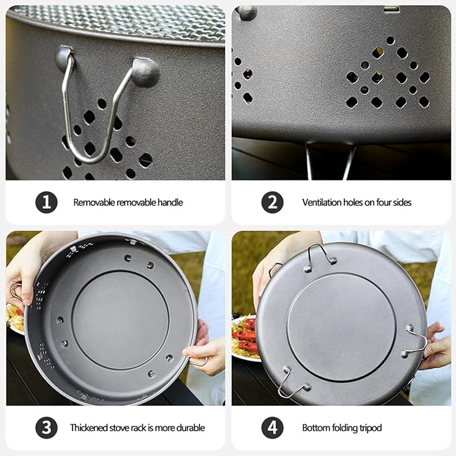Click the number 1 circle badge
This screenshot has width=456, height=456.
pyautogui.click(x=46, y=202)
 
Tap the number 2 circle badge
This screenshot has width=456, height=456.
pyautogui.click(x=272, y=202)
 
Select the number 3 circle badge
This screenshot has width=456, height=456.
pyautogui.click(x=46, y=428)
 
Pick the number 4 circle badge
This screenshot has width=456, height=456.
pyautogui.click(x=272, y=428)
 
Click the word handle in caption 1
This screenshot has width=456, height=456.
pyautogui.click(x=170, y=202)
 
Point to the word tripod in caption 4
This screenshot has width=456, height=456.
pyautogui.click(x=370, y=428)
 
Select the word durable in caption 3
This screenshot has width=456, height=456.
pyautogui.click(x=191, y=428)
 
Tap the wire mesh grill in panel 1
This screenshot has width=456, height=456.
pyautogui.click(x=122, y=21)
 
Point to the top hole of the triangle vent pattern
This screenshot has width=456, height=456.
pyautogui.click(x=390, y=40)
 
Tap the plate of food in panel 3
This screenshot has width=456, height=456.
pyautogui.click(x=15, y=318)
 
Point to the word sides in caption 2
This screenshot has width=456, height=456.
pyautogui.click(x=402, y=202)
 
